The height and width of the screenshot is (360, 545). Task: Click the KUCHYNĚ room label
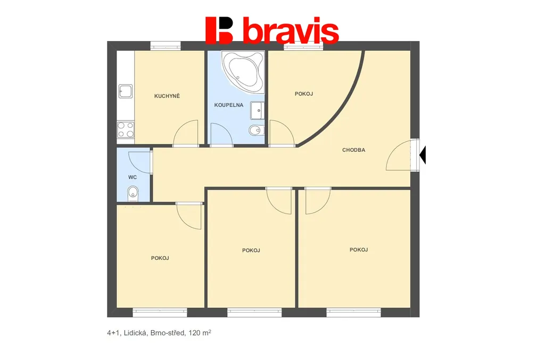coord(167,96)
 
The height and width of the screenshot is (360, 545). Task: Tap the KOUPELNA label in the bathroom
coord(229,105)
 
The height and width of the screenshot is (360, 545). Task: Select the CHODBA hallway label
coord(353,150)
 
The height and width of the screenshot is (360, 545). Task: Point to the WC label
coord(133,177)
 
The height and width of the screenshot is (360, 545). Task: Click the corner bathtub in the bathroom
coord(243,72)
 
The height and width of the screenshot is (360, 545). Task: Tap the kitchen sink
coord(126,91)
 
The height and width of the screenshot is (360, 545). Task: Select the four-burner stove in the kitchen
coord(126,129)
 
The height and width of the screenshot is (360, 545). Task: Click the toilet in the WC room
coord(133,193)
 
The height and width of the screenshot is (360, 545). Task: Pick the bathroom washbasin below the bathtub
coord(258,111)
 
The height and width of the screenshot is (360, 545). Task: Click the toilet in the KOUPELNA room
coord(257,130)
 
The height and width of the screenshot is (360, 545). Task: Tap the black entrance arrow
coord(423,155)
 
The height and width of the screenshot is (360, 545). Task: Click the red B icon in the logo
coord(219,30)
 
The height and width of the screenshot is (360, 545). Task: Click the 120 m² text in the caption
coord(200,332)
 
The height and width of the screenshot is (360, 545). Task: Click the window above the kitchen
coord(166,46)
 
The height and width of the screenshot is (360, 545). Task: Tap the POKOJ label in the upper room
coord(304,94)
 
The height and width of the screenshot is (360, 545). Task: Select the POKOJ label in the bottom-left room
coord(160,258)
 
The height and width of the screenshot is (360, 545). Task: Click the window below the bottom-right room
coord(353,313)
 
